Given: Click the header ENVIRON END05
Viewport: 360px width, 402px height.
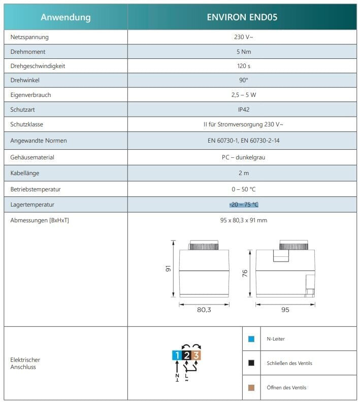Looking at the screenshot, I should tap(242, 17).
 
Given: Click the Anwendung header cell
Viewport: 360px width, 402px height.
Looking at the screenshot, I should tap(66, 17).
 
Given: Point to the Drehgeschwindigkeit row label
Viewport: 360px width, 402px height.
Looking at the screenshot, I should tap(38, 66).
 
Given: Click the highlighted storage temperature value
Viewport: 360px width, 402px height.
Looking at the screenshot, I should tap(244, 205).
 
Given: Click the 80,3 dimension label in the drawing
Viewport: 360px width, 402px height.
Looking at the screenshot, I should tap(203, 310).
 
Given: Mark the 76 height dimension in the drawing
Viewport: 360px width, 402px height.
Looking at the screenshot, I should tap(245, 273).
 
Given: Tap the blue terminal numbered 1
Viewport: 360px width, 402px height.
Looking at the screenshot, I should tap(176, 355).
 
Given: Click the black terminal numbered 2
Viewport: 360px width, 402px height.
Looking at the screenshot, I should tap(186, 355).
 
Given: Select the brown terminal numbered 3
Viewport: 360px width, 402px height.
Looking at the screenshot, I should tap(197, 355).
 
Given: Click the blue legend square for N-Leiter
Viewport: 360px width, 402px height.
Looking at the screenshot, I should tap(251, 339).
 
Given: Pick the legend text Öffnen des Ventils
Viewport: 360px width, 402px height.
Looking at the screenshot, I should tap(286, 388).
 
